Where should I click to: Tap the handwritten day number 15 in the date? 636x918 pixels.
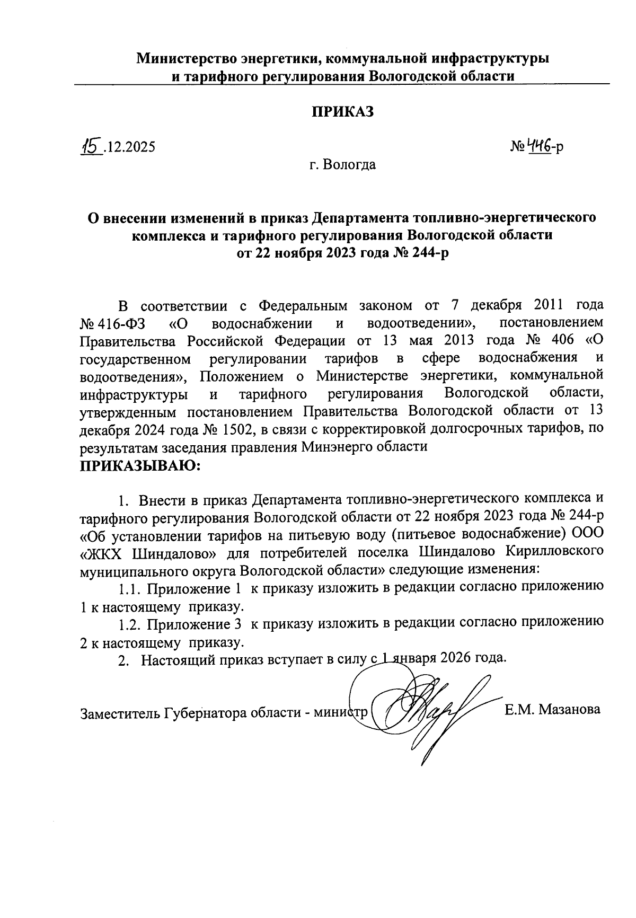[91, 145]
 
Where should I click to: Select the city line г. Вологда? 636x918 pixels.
[342, 165]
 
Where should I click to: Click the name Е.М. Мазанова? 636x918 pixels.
[553, 710]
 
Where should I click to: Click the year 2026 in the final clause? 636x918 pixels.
[456, 659]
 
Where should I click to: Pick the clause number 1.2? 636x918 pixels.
[130, 624]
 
